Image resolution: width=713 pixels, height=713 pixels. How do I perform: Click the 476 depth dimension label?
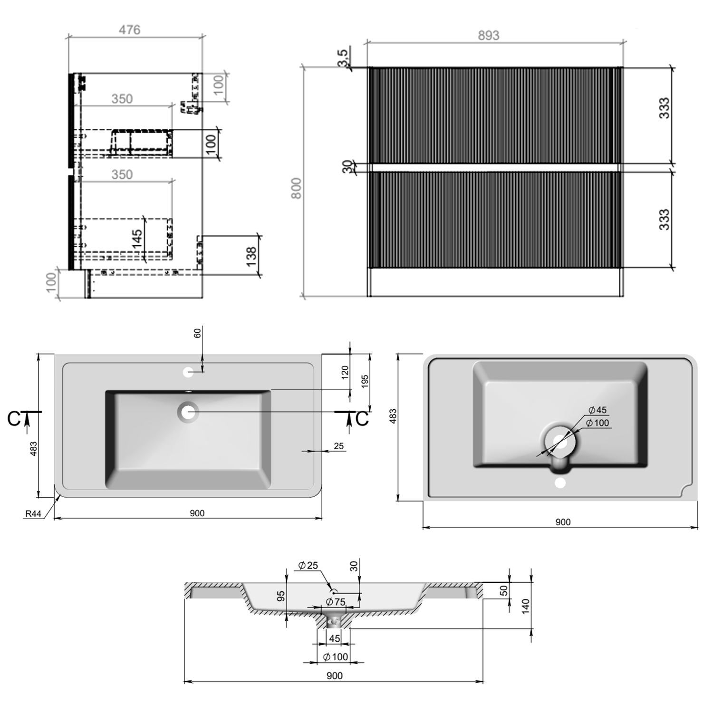coord(129,30)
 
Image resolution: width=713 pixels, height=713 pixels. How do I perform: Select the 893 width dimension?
coord(488,36)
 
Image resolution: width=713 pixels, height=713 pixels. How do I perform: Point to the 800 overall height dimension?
coord(296,188)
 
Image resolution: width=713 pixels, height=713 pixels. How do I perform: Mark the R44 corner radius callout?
coord(33,513)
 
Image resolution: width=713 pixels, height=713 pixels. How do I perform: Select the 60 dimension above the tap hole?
coord(198,333)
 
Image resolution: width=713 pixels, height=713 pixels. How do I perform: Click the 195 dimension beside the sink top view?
coord(365,382)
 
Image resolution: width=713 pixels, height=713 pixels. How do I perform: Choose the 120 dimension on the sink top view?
coord(345,371)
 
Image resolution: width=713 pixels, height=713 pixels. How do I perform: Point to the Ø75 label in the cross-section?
coord(336,602)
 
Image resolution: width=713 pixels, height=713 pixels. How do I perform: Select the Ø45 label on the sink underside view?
coord(597,410)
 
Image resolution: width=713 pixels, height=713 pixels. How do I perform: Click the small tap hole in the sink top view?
coord(188,372)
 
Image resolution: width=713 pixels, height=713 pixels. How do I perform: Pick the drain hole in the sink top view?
coord(188,412)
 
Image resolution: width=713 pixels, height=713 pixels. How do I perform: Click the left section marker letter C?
coord(14,418)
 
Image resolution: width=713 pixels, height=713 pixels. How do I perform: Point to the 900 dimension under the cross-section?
coord(335,675)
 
